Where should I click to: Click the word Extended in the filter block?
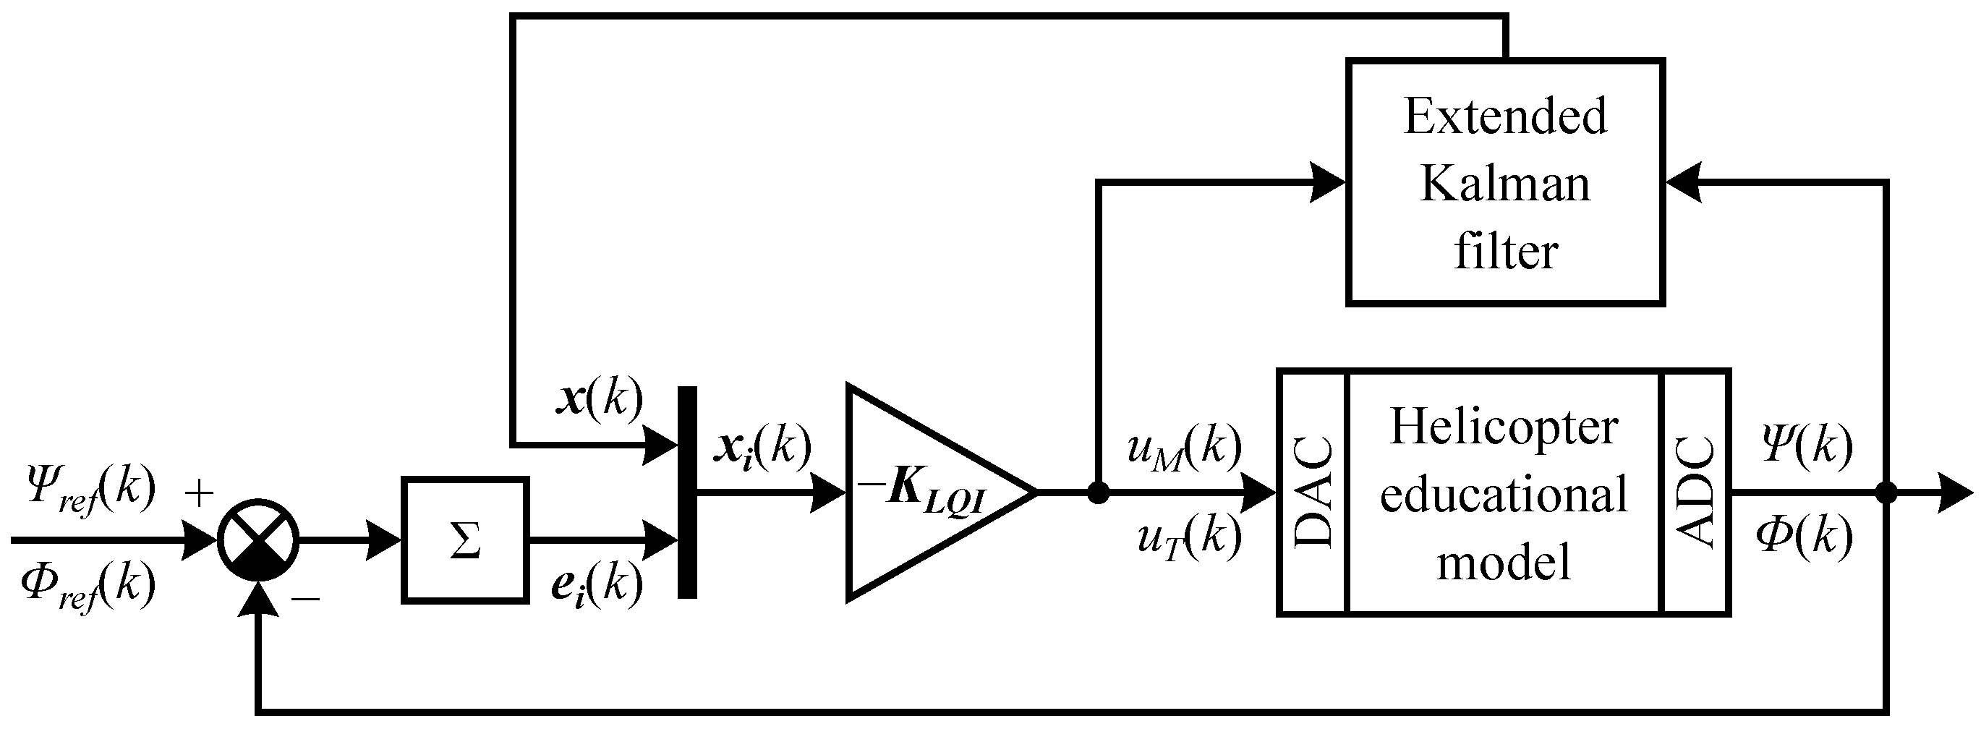(1505, 117)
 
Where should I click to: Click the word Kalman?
(1505, 184)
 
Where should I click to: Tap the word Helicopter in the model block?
(1504, 428)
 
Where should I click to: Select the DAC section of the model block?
(1313, 493)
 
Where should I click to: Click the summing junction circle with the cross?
(258, 540)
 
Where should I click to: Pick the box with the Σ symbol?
(464, 539)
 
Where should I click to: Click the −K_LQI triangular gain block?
(923, 493)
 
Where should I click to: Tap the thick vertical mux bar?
(687, 493)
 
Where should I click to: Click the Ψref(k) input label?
(90, 490)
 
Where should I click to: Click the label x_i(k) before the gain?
(762, 448)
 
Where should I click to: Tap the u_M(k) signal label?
(1184, 448)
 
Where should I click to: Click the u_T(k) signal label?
(1189, 538)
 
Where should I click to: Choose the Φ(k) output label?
(1804, 537)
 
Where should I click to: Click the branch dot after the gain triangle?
(1098, 493)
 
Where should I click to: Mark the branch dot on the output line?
(1886, 493)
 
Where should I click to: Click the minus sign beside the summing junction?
(305, 597)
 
